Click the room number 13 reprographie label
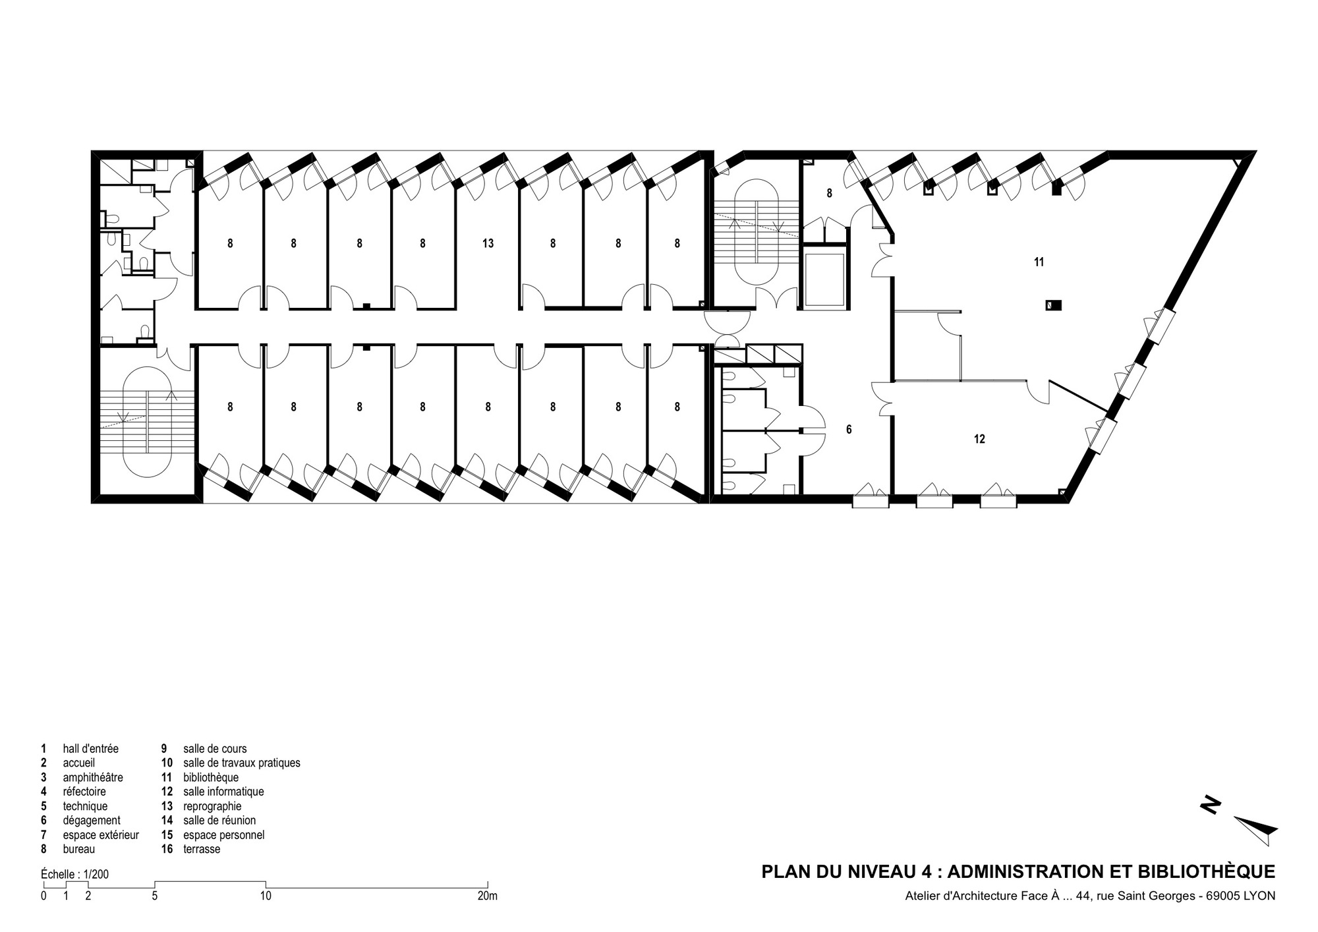pos(488,244)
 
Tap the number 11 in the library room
pos(1039,262)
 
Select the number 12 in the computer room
pos(979,439)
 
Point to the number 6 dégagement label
pos(849,430)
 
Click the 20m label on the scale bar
pos(488,896)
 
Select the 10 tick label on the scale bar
pos(266,896)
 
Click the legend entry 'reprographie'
pos(212,806)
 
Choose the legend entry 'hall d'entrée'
pos(90,749)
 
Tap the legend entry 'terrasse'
pos(202,849)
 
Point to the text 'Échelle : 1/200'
pos(74,875)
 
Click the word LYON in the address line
pos(1259,896)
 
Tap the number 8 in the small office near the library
pos(829,194)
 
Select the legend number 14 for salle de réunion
pos(167,821)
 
